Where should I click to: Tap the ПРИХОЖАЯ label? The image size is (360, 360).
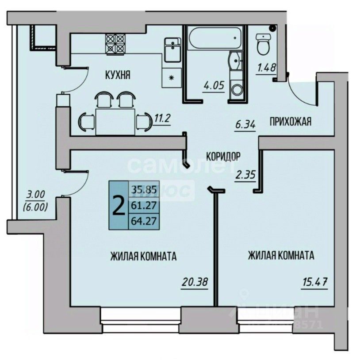pyautogui.click(x=290, y=122)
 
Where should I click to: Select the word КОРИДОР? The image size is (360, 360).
pyautogui.click(x=223, y=156)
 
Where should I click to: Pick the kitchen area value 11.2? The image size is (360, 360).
pyautogui.click(x=162, y=119)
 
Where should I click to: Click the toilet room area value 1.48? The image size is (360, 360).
pyautogui.click(x=266, y=69)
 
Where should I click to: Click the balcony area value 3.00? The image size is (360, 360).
pyautogui.click(x=36, y=193)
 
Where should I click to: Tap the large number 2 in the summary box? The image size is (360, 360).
pyautogui.click(x=119, y=205)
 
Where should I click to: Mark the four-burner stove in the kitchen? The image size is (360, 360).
pyautogui.click(x=116, y=44)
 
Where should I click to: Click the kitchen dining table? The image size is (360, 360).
pyautogui.click(x=115, y=120)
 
